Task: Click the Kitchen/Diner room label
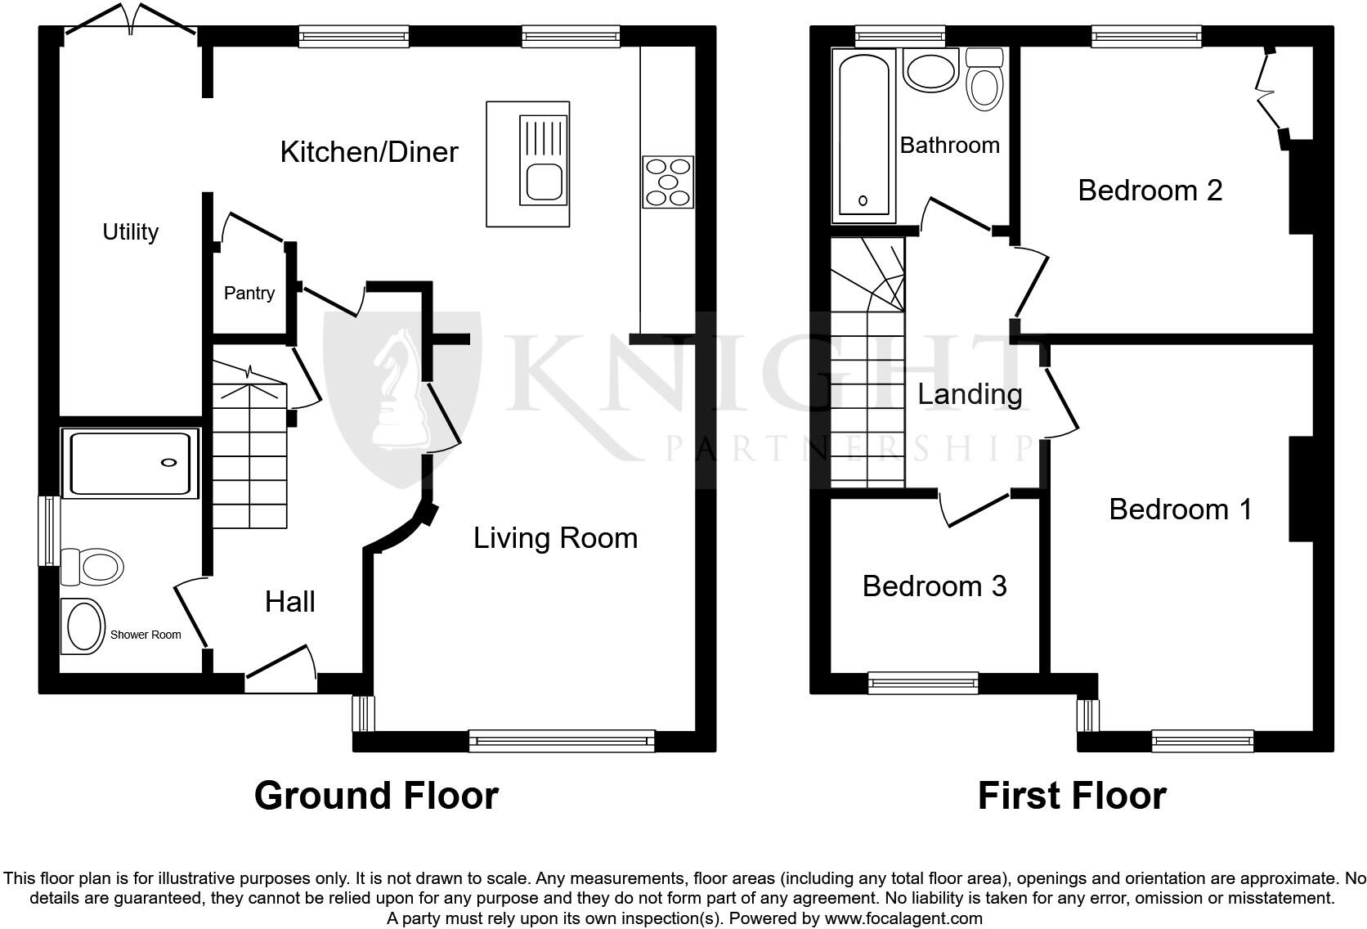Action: pyautogui.click(x=369, y=152)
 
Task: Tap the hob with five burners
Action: pyautogui.click(x=668, y=182)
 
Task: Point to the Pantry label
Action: pyautogui.click(x=249, y=293)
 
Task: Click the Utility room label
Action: pyautogui.click(x=130, y=232)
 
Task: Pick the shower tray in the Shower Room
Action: pyautogui.click(x=131, y=463)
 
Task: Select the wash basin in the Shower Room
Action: pyautogui.click(x=83, y=626)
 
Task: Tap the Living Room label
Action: pyautogui.click(x=555, y=538)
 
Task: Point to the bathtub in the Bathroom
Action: pyautogui.click(x=863, y=135)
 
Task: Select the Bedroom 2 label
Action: pyautogui.click(x=1150, y=191)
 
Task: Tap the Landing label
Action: pyautogui.click(x=970, y=394)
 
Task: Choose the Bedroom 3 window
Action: pyautogui.click(x=923, y=682)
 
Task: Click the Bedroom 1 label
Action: pyautogui.click(x=1181, y=510)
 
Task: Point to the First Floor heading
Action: pyautogui.click(x=1071, y=796)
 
